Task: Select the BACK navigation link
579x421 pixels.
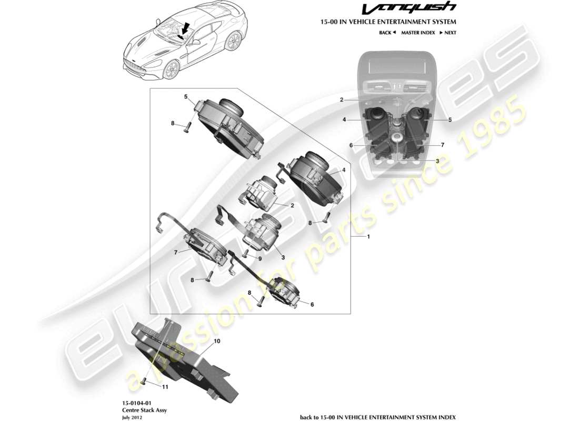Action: [387, 33]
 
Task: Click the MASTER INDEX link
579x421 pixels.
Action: [417, 33]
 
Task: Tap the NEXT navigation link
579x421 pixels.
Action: [447, 33]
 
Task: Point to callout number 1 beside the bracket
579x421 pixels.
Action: [368, 237]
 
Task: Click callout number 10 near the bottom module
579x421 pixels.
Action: [217, 341]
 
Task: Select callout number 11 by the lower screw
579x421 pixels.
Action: [165, 387]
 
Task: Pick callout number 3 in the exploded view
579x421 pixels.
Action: [283, 257]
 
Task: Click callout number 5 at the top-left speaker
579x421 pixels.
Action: [186, 96]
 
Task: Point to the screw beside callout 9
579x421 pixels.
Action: [246, 254]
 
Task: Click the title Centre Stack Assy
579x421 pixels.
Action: [137, 409]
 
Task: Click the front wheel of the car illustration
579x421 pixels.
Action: [169, 70]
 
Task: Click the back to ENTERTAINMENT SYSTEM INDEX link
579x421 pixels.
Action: [377, 416]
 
